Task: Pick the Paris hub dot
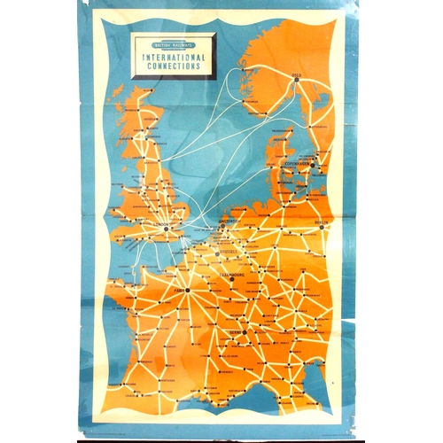pos(188,290)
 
